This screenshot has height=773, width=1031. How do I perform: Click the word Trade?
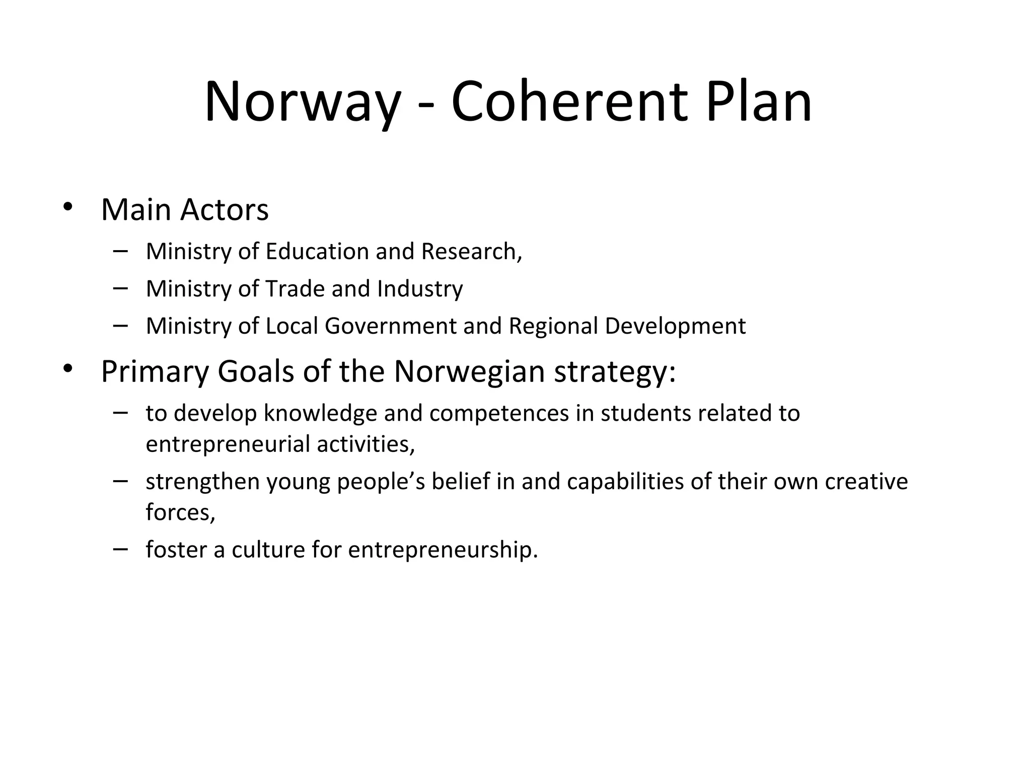295,289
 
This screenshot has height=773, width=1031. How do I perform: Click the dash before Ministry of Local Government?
121,325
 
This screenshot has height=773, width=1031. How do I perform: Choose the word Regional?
553,327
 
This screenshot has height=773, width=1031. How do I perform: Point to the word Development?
675,327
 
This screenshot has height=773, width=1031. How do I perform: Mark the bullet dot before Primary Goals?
68,369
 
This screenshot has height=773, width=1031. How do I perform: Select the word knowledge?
320,414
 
